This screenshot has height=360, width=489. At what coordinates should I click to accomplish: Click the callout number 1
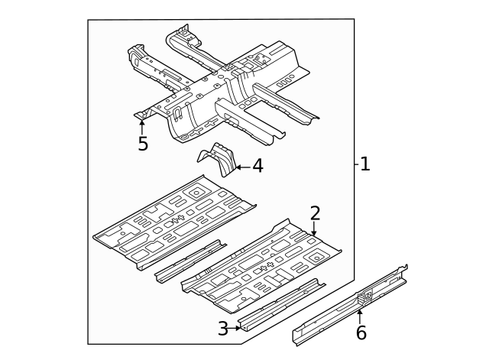365,164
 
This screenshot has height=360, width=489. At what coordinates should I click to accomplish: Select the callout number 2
315,213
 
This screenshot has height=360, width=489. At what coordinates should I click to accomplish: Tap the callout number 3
222,329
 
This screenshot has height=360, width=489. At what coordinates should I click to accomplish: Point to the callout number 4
257,166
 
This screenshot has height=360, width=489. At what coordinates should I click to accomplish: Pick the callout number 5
143,144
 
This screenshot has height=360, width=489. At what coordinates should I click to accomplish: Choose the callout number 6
361,332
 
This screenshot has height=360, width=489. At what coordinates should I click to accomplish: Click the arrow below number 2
314,229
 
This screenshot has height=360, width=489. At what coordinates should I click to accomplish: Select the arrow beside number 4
241,166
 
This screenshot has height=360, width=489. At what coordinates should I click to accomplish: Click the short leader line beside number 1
357,164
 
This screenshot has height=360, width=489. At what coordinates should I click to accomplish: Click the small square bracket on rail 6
365,294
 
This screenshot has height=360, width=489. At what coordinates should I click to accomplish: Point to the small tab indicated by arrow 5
141,115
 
